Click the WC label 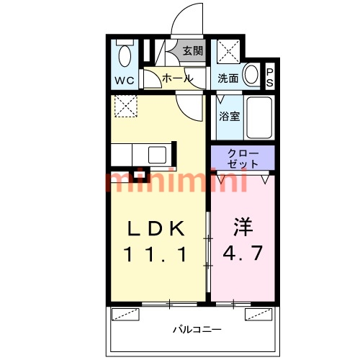click(125, 81)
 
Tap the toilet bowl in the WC click(125, 56)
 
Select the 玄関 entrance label click(193, 50)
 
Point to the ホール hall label click(178, 78)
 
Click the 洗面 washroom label click(228, 78)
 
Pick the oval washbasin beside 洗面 click(251, 73)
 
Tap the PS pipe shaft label click(270, 77)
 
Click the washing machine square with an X click(228, 51)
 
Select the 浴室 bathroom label click(230, 117)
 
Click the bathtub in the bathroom click(259, 117)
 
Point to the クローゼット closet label click(243, 158)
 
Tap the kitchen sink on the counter click(157, 155)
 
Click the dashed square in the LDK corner click(126, 106)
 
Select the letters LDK click(156, 228)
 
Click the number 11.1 click(155, 254)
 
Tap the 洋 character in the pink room click(243, 226)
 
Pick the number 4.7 click(243, 253)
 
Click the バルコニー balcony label click(197, 329)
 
